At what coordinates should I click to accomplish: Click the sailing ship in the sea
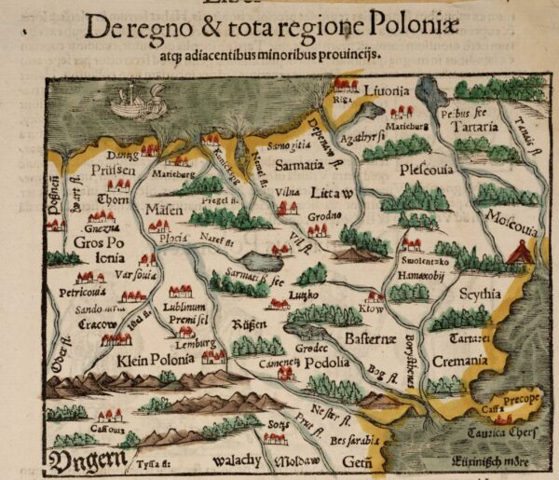coord(134,101)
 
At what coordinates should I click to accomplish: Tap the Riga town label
coord(343,96)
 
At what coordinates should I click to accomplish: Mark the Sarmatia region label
coord(296,163)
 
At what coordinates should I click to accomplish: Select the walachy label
coord(239,460)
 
